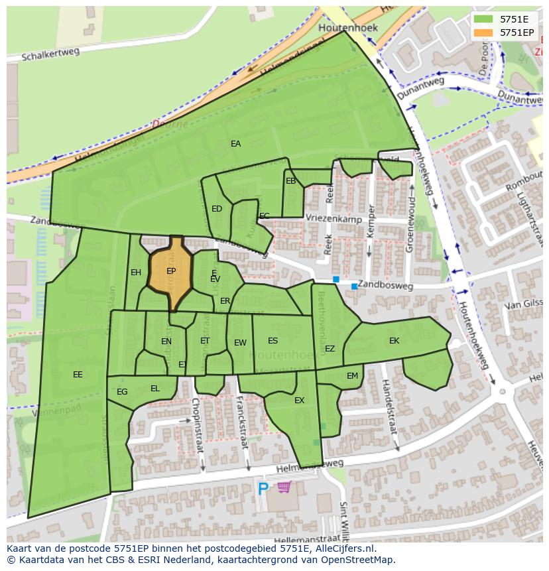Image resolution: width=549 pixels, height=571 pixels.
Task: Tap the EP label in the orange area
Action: point(171,271)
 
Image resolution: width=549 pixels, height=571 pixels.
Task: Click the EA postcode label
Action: point(235,143)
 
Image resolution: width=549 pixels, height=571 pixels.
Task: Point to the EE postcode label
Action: point(78,375)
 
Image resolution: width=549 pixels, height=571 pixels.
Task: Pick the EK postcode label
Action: point(395,341)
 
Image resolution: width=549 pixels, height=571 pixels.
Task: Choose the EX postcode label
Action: point(299,401)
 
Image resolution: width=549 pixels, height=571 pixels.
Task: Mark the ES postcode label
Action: point(273,341)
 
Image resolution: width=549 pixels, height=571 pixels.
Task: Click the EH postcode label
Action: point(136,273)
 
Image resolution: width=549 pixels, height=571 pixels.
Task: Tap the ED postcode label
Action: point(217,209)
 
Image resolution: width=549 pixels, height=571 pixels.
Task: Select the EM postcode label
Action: point(352,376)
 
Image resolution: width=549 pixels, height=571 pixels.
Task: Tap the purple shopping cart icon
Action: point(284,487)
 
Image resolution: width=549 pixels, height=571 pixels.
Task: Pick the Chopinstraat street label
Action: point(198,424)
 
